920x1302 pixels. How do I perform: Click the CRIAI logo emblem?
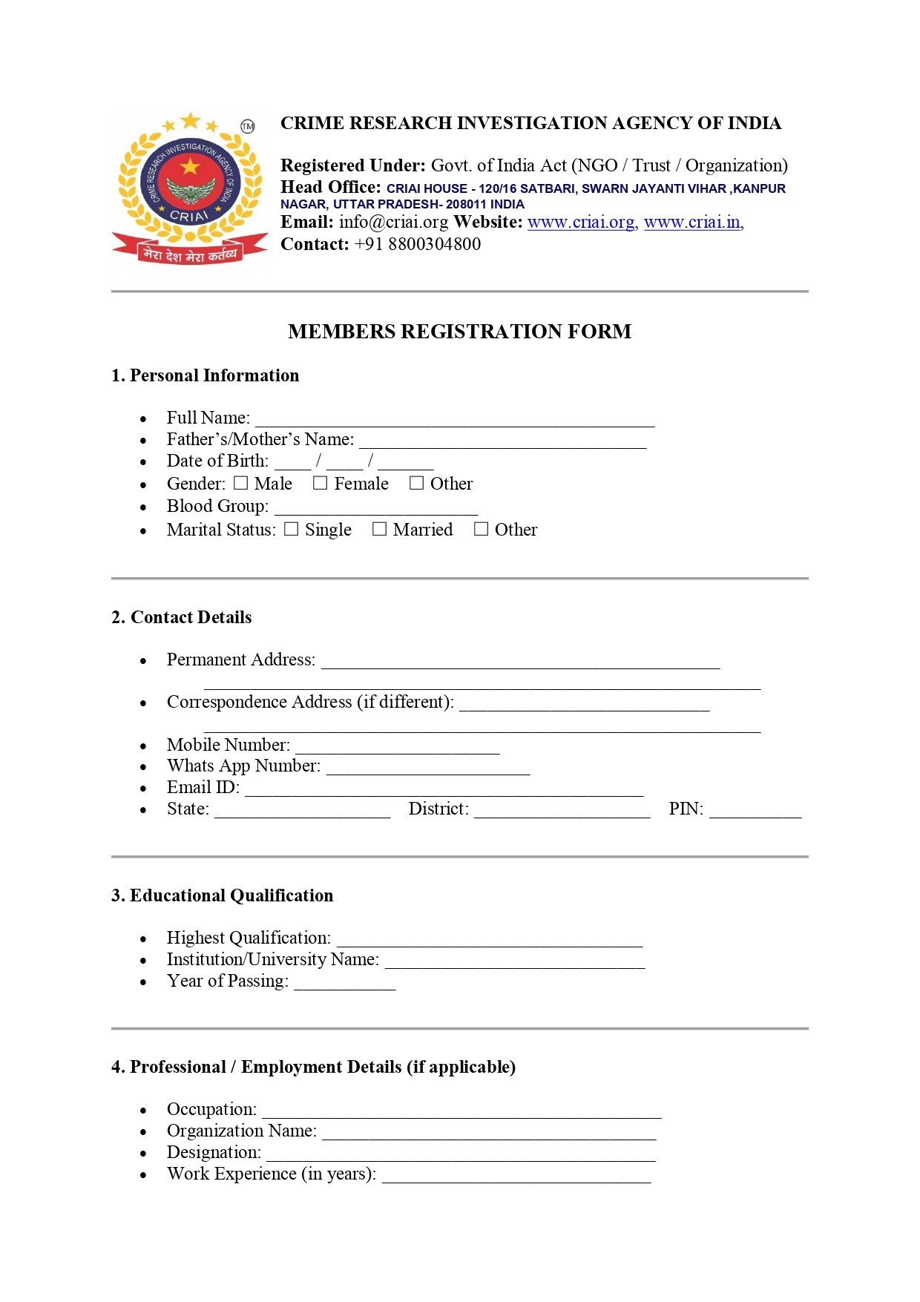point(190,189)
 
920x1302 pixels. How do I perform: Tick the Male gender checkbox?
point(240,483)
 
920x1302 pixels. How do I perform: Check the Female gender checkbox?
point(320,483)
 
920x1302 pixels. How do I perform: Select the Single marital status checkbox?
point(292,529)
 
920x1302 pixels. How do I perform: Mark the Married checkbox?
point(379,529)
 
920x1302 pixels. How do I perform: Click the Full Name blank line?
point(455,420)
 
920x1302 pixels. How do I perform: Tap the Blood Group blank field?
point(376,508)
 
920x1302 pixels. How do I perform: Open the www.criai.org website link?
point(581,223)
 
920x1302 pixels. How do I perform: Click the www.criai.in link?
point(691,223)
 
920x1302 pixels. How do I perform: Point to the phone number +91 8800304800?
point(418,244)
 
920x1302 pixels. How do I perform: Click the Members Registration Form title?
point(459,332)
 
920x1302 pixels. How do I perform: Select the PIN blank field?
point(755,811)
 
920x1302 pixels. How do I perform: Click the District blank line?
point(562,811)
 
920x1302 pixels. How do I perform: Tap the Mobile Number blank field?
point(397,747)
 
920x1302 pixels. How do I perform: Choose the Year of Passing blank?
point(344,983)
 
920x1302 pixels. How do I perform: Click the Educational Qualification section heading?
point(222,895)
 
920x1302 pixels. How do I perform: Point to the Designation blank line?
point(461,1154)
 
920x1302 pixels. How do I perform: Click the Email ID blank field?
point(444,789)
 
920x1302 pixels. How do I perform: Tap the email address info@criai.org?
point(393,223)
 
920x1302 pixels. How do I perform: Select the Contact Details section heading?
point(181,617)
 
